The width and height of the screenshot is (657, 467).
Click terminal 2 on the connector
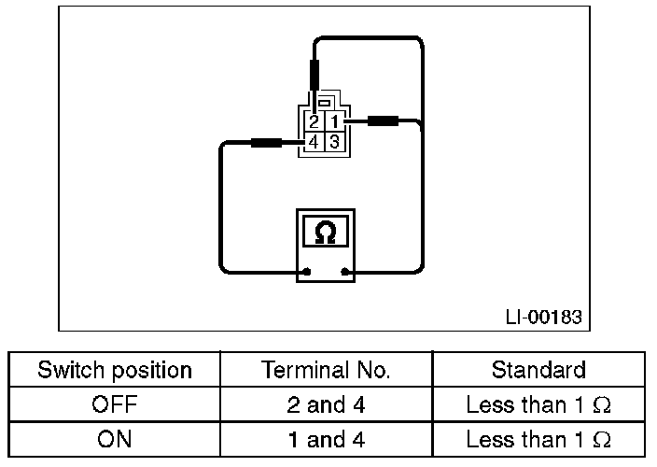(315, 121)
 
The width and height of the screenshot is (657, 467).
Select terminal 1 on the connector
(336, 121)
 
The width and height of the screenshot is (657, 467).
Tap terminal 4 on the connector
(315, 143)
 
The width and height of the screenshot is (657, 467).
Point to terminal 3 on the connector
(336, 143)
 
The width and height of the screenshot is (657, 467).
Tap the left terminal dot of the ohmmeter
(304, 273)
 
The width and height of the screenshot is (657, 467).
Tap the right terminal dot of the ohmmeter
(346, 273)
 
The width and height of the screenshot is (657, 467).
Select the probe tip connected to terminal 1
(384, 120)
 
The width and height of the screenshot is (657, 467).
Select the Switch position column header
(115, 370)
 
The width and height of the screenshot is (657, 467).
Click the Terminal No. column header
(327, 370)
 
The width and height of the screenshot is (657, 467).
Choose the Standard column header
(538, 370)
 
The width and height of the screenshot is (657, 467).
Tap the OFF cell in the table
(115, 405)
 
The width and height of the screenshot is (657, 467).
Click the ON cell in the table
(115, 439)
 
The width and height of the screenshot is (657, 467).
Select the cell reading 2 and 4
(327, 405)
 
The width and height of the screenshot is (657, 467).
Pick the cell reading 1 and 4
(327, 439)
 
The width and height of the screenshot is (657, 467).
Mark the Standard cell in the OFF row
(538, 405)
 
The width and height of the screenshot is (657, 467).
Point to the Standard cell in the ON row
(538, 439)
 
